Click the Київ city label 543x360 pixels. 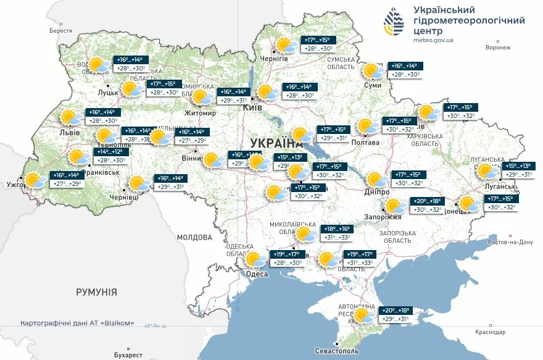(252, 107)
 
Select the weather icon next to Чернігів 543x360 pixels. (284, 45)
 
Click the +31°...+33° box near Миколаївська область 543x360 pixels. (336, 238)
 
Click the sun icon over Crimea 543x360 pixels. (364, 316)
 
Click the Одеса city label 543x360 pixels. (257, 274)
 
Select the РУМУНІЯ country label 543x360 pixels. (96, 291)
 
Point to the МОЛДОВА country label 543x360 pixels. (194, 237)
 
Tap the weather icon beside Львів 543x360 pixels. (71, 117)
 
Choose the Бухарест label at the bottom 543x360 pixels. (128, 355)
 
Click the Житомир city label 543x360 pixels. (201, 113)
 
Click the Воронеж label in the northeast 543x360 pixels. (499, 48)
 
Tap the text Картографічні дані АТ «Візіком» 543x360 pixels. (77, 323)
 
